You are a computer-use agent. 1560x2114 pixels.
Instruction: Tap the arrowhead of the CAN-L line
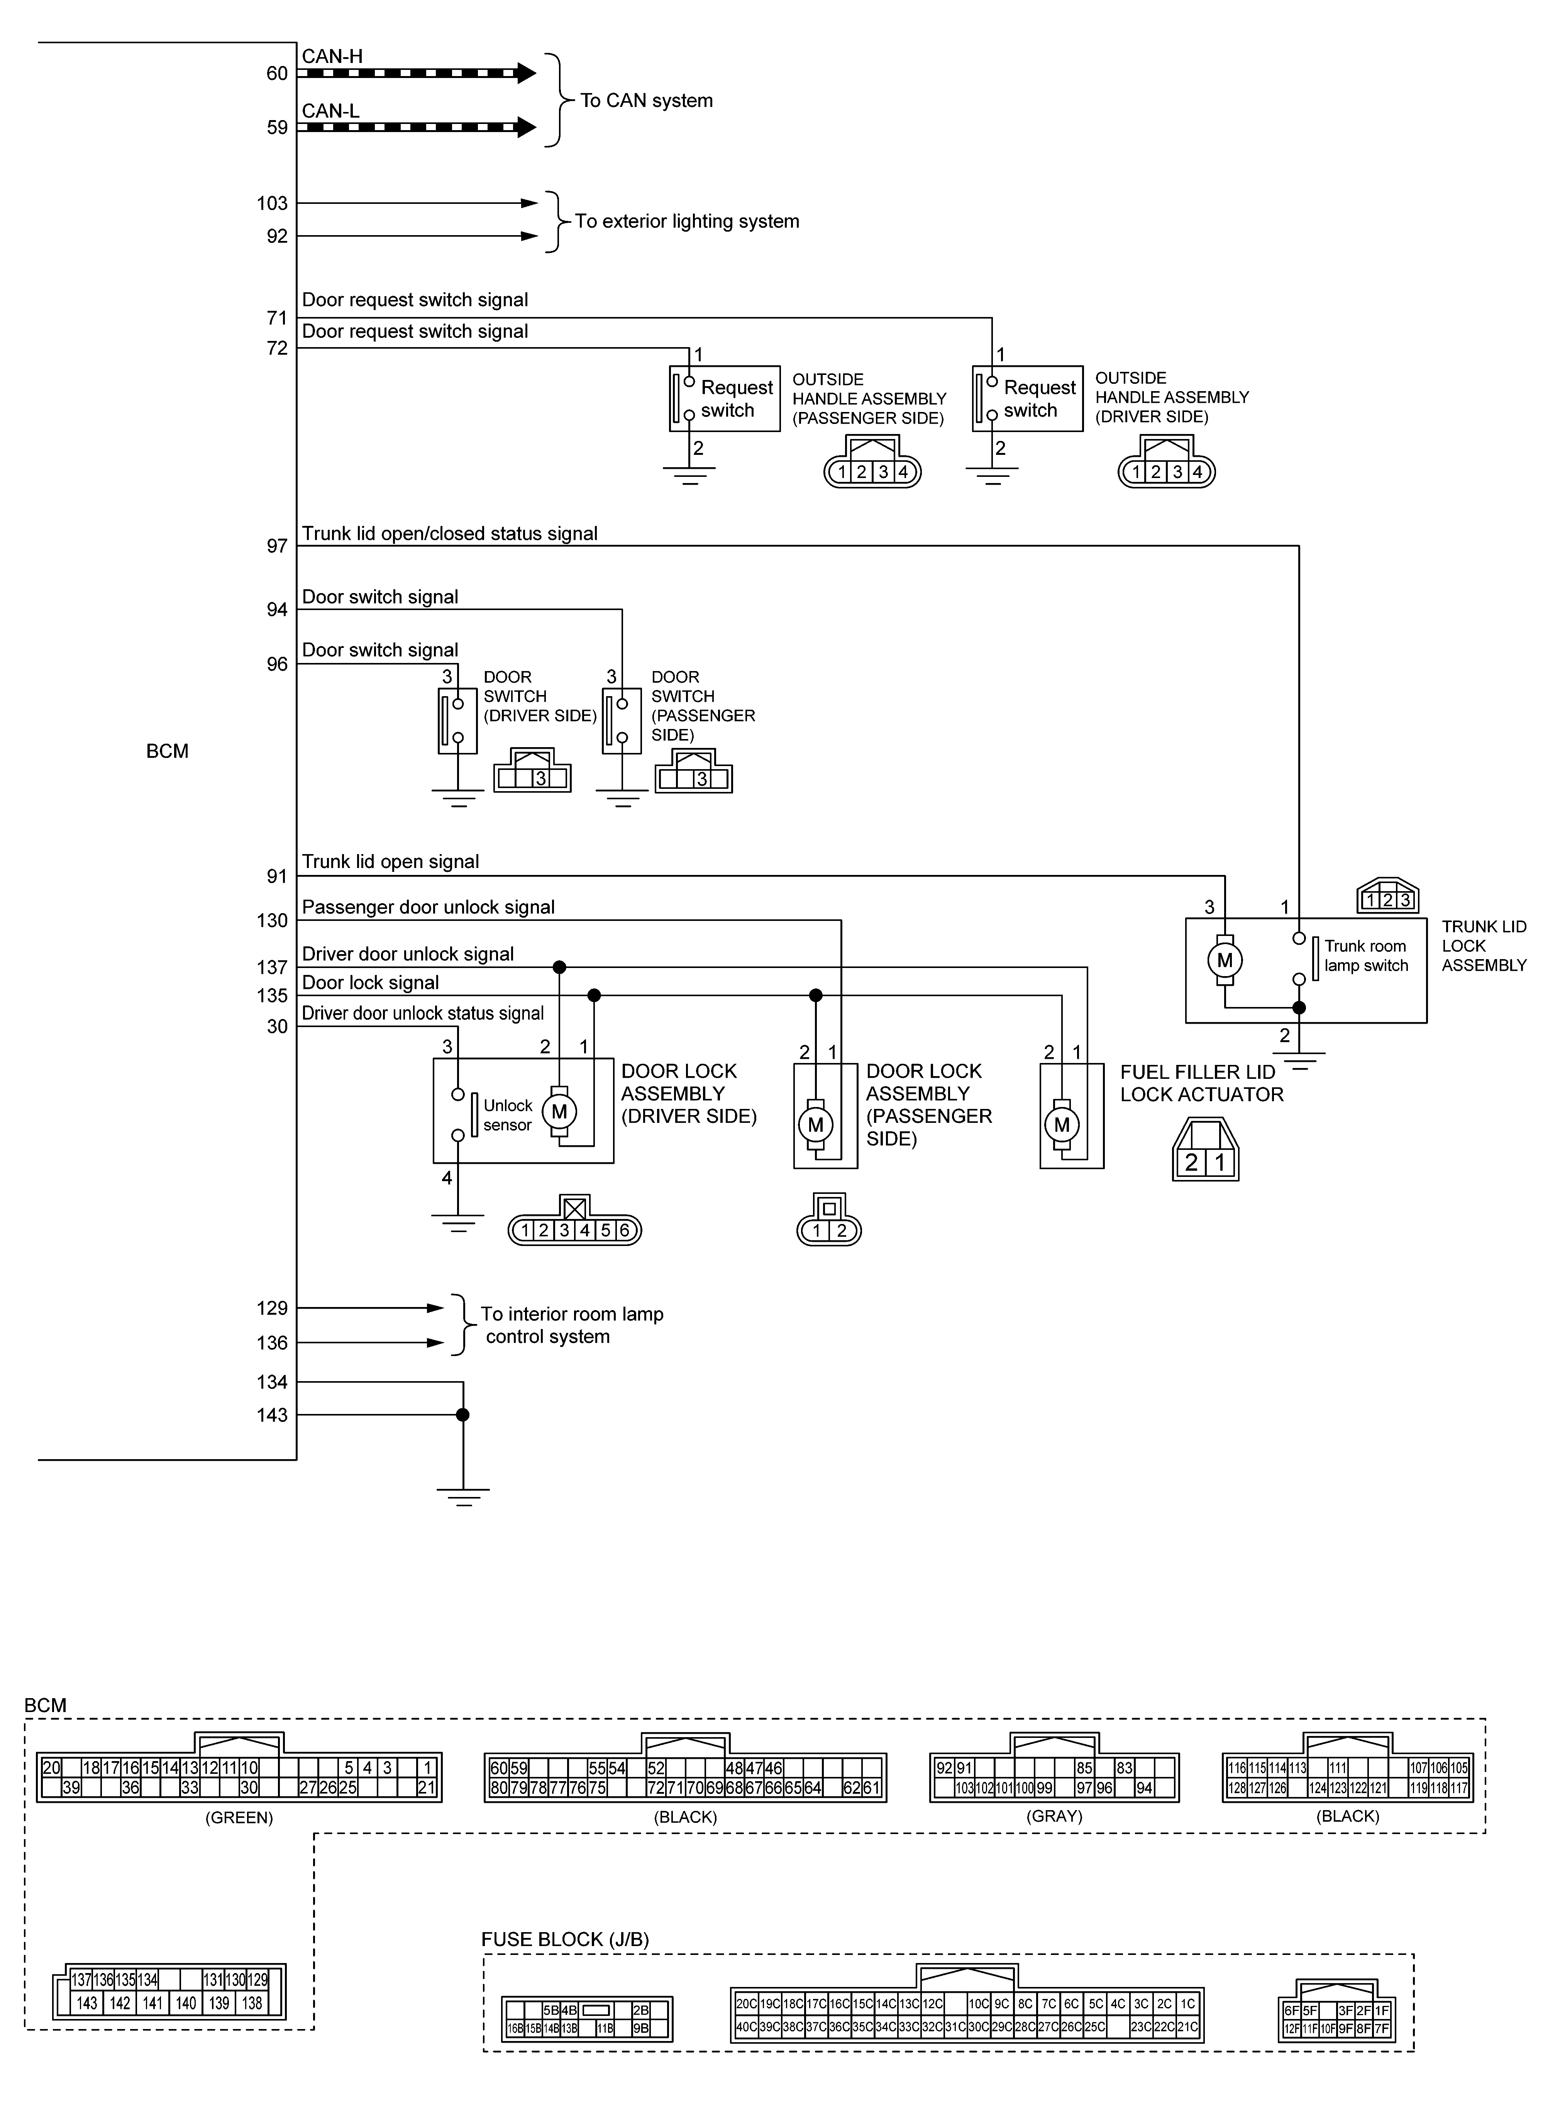pyautogui.click(x=526, y=127)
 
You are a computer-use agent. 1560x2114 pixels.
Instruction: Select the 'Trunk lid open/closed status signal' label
pyautogui.click(x=449, y=534)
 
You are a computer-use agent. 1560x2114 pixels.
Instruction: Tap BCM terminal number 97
pyautogui.click(x=277, y=546)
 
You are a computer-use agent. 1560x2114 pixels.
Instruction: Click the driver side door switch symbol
pyautogui.click(x=457, y=721)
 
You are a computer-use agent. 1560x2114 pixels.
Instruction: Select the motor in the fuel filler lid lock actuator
pyautogui.click(x=1062, y=1124)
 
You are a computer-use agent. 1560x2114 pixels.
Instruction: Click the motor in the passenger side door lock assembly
pyautogui.click(x=816, y=1124)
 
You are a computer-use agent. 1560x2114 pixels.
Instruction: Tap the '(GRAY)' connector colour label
pyautogui.click(x=1054, y=1816)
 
